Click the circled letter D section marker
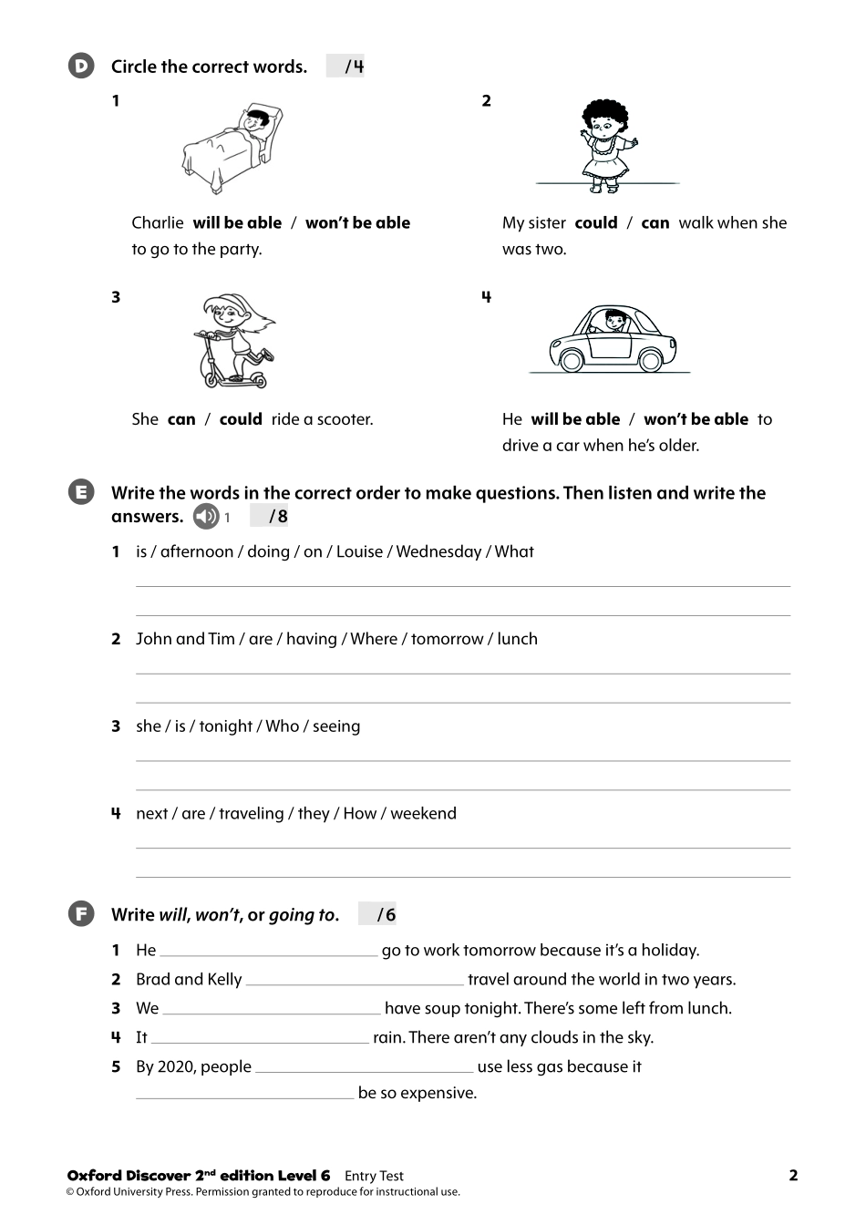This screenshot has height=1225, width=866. (x=81, y=66)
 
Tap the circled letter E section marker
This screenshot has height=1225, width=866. (x=81, y=493)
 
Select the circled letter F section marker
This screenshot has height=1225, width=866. (x=81, y=914)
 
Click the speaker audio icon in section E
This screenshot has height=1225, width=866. (x=206, y=517)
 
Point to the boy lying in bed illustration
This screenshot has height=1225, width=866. (x=233, y=147)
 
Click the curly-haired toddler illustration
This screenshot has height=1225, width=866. (x=607, y=144)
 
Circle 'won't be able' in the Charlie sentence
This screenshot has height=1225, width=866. (x=357, y=223)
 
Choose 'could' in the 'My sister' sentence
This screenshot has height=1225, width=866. (x=596, y=223)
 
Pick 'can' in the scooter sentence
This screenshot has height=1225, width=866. (x=181, y=420)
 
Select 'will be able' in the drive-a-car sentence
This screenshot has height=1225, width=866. (x=575, y=420)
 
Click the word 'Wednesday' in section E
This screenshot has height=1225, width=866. (x=438, y=552)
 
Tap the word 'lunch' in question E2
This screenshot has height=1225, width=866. (x=517, y=640)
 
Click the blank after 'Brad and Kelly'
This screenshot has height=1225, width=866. (x=355, y=981)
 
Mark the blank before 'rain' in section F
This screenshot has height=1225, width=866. (x=260, y=1038)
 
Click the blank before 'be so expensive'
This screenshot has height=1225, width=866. (x=244, y=1094)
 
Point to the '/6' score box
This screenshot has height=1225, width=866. (x=377, y=914)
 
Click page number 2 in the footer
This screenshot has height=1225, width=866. (x=793, y=1176)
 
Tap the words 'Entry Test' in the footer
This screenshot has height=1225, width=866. (x=374, y=1177)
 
